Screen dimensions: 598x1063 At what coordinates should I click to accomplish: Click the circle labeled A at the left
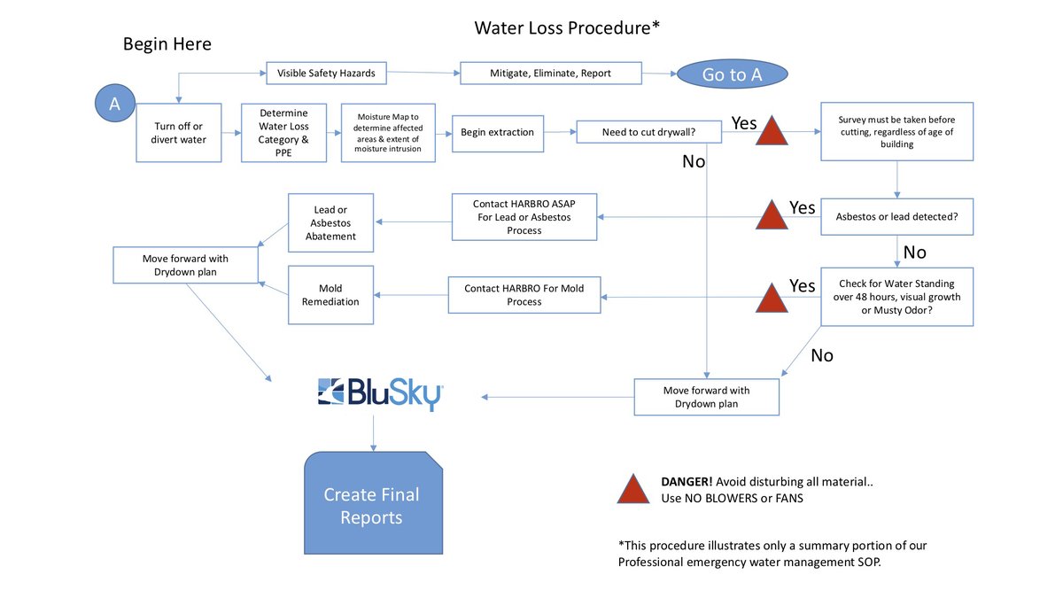click(114, 104)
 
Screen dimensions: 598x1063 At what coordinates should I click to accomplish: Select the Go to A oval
click(732, 74)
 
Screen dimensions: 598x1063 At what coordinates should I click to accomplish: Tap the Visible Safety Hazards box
click(327, 73)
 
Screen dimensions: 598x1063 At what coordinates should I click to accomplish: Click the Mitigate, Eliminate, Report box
click(550, 73)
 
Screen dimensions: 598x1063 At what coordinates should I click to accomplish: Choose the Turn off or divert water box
click(178, 132)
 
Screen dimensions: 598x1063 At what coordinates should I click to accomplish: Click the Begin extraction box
click(497, 133)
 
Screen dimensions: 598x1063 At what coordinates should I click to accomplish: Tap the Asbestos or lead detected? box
click(897, 216)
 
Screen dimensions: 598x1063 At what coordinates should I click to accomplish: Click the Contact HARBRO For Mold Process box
click(524, 294)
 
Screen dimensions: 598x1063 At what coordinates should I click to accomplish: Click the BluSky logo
click(381, 393)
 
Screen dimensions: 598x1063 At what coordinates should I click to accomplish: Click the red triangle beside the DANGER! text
click(633, 490)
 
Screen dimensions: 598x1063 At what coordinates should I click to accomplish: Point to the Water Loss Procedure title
click(567, 27)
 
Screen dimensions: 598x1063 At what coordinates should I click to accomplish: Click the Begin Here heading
click(167, 44)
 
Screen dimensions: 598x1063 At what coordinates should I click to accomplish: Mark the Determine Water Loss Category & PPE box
click(283, 133)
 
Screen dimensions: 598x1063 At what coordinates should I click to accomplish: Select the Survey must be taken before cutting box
click(897, 131)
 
